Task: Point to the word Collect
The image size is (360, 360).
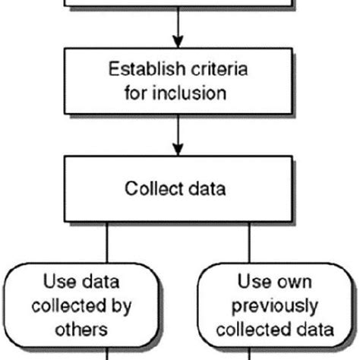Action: click(149, 188)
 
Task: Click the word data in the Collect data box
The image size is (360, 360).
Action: click(206, 188)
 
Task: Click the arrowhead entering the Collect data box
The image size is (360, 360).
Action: click(178, 147)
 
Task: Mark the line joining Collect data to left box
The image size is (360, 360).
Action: click(107, 243)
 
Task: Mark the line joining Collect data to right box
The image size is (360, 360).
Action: click(248, 243)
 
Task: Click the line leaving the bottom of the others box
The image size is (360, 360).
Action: click(107, 354)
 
